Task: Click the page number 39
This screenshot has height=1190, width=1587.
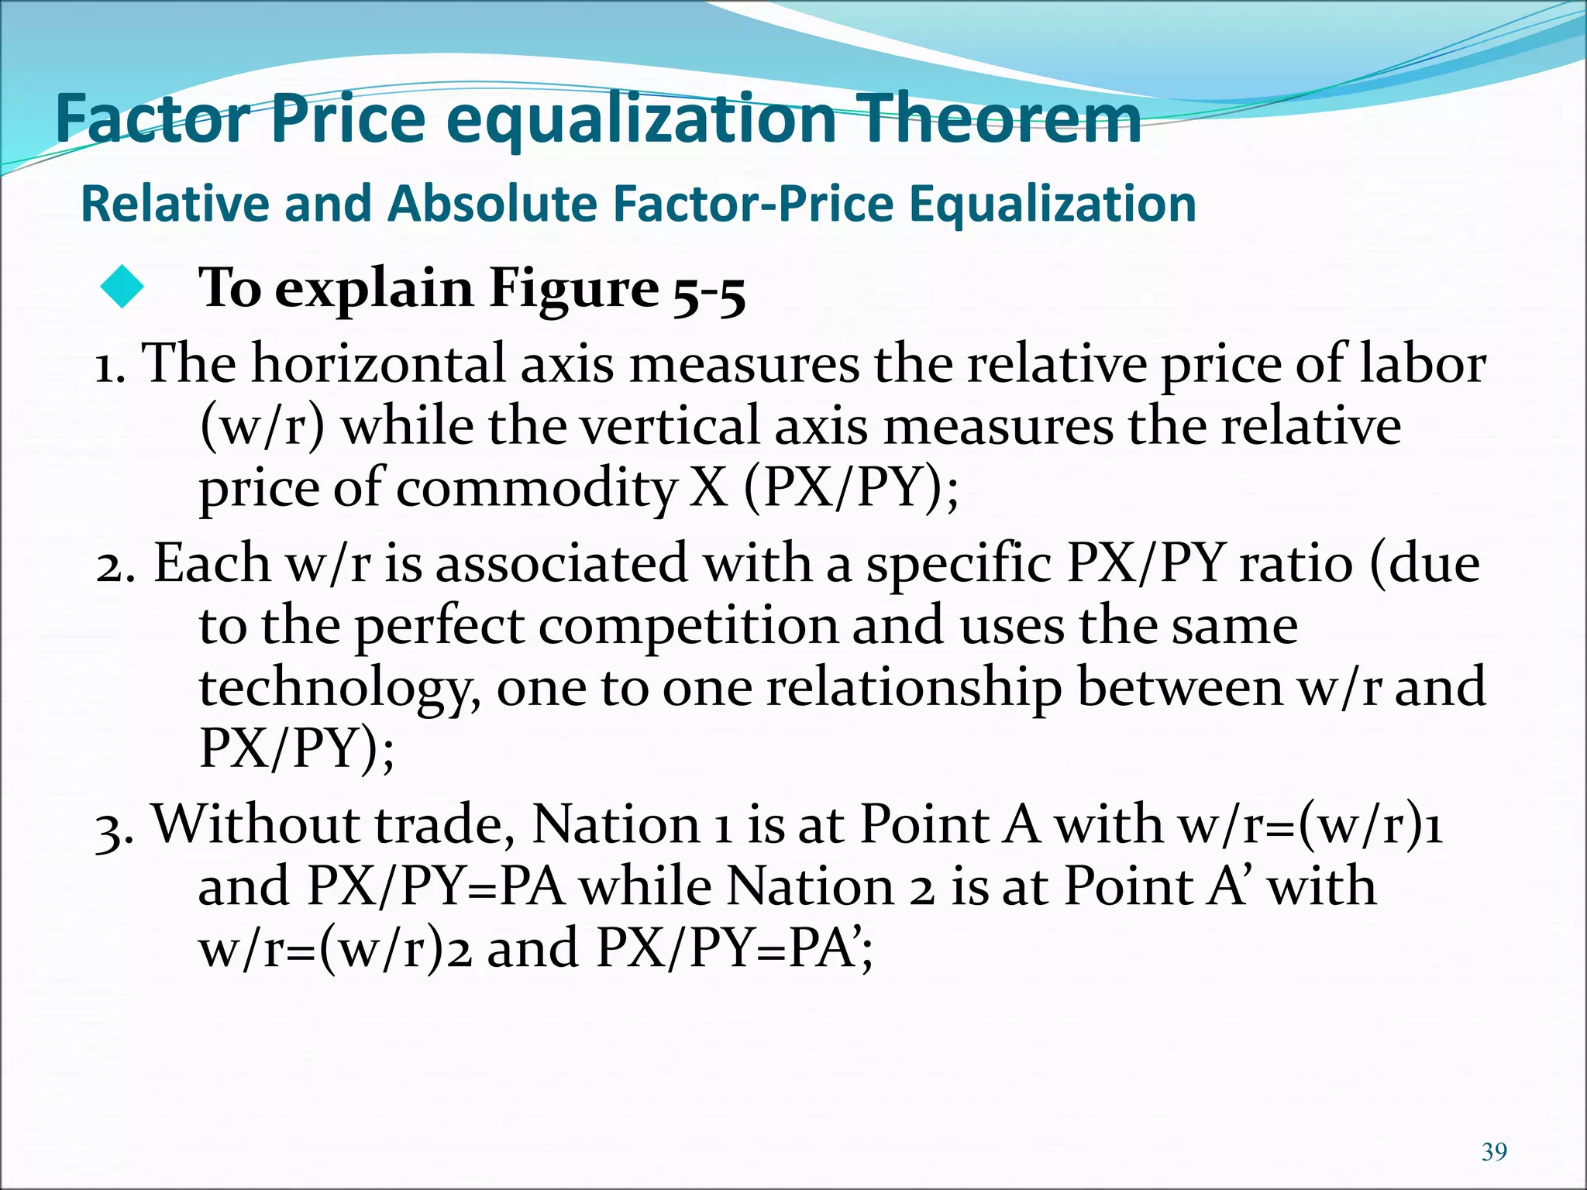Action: click(x=1494, y=1152)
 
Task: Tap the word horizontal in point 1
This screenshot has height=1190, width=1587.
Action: click(x=377, y=363)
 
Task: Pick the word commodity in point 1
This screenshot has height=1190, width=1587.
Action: click(x=536, y=490)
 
